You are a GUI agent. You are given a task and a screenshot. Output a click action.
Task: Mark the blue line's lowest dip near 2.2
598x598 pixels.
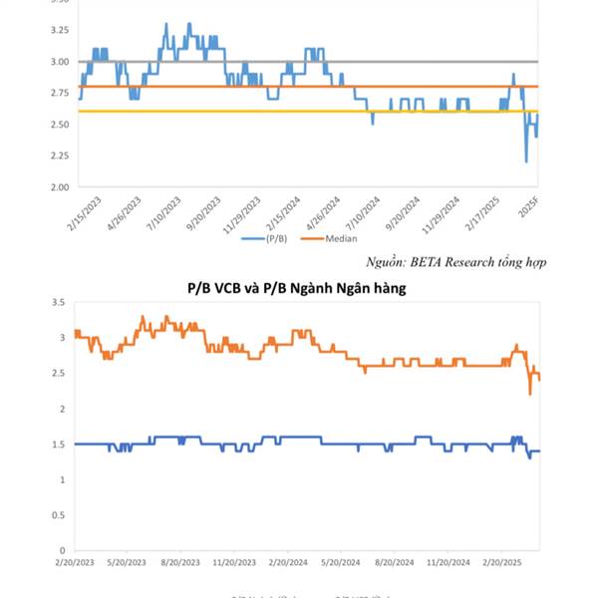[x=526, y=160]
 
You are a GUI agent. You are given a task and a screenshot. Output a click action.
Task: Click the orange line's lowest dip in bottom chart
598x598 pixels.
[x=530, y=394]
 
